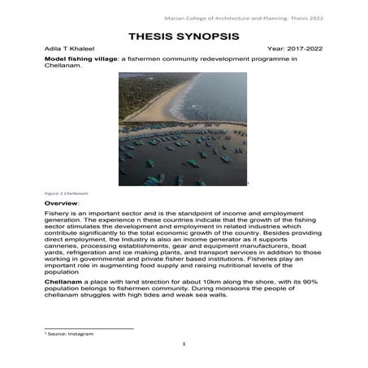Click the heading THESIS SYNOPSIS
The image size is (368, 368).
[184, 37]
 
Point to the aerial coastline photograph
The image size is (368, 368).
[183, 129]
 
